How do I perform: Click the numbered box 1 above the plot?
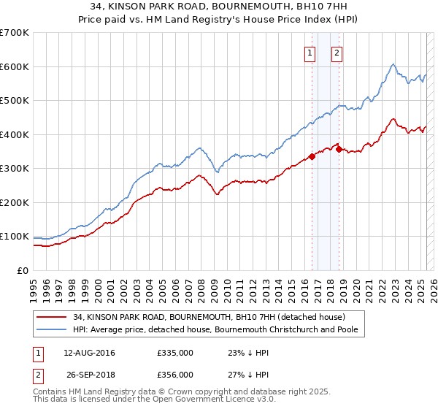tap(310, 52)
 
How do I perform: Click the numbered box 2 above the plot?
tap(337, 52)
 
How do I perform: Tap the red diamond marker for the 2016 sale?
tap(312, 156)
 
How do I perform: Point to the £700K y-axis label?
tap(15, 33)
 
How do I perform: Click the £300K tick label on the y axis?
tap(15, 169)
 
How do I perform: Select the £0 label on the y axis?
tap(23, 270)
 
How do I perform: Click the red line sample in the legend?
tap(52, 317)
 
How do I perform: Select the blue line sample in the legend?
tap(52, 330)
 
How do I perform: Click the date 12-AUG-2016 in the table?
tap(89, 353)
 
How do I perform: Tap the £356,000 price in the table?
tap(175, 375)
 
